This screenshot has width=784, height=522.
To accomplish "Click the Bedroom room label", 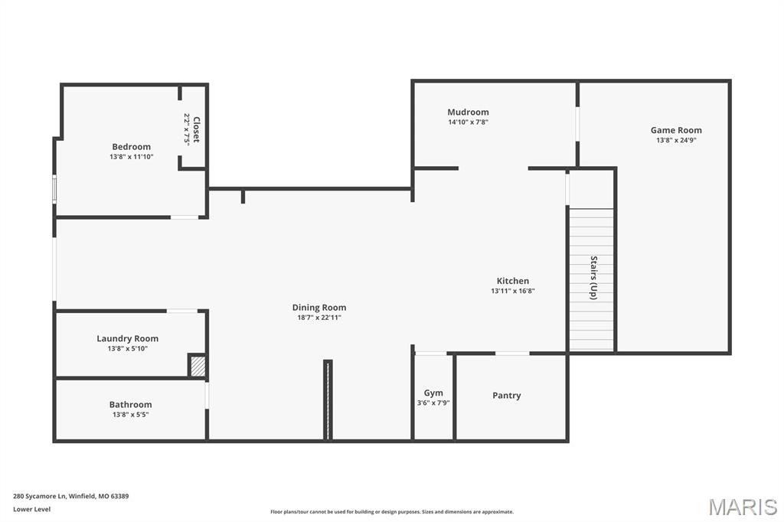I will (x=131, y=146).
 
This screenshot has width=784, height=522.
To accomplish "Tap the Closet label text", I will (x=196, y=129).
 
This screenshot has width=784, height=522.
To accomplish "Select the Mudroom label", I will (x=468, y=112).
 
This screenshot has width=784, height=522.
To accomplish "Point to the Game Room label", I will (x=676, y=130).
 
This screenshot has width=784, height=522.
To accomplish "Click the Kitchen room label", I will (x=512, y=281).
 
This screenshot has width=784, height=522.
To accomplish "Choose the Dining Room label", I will (x=318, y=308).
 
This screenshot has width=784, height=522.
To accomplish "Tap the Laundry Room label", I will (x=127, y=338).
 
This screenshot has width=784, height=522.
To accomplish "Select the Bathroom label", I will (x=130, y=404).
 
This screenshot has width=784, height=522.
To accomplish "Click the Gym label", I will (x=433, y=393).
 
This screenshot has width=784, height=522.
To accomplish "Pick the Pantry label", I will (x=506, y=396).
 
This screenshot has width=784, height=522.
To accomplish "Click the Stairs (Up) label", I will (x=593, y=277).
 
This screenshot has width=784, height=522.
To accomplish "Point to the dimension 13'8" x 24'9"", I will (x=676, y=140).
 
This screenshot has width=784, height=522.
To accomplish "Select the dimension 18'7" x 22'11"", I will (x=318, y=318).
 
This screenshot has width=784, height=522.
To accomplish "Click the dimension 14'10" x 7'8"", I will (x=468, y=122).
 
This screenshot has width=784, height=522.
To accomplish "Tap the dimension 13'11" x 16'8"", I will (x=512, y=291).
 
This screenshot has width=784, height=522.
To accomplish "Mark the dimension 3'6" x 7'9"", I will (x=433, y=403).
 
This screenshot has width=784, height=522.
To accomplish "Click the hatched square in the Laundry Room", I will (x=198, y=367).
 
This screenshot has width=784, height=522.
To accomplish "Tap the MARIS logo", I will (x=742, y=507).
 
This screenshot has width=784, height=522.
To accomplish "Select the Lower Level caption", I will (x=31, y=509).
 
